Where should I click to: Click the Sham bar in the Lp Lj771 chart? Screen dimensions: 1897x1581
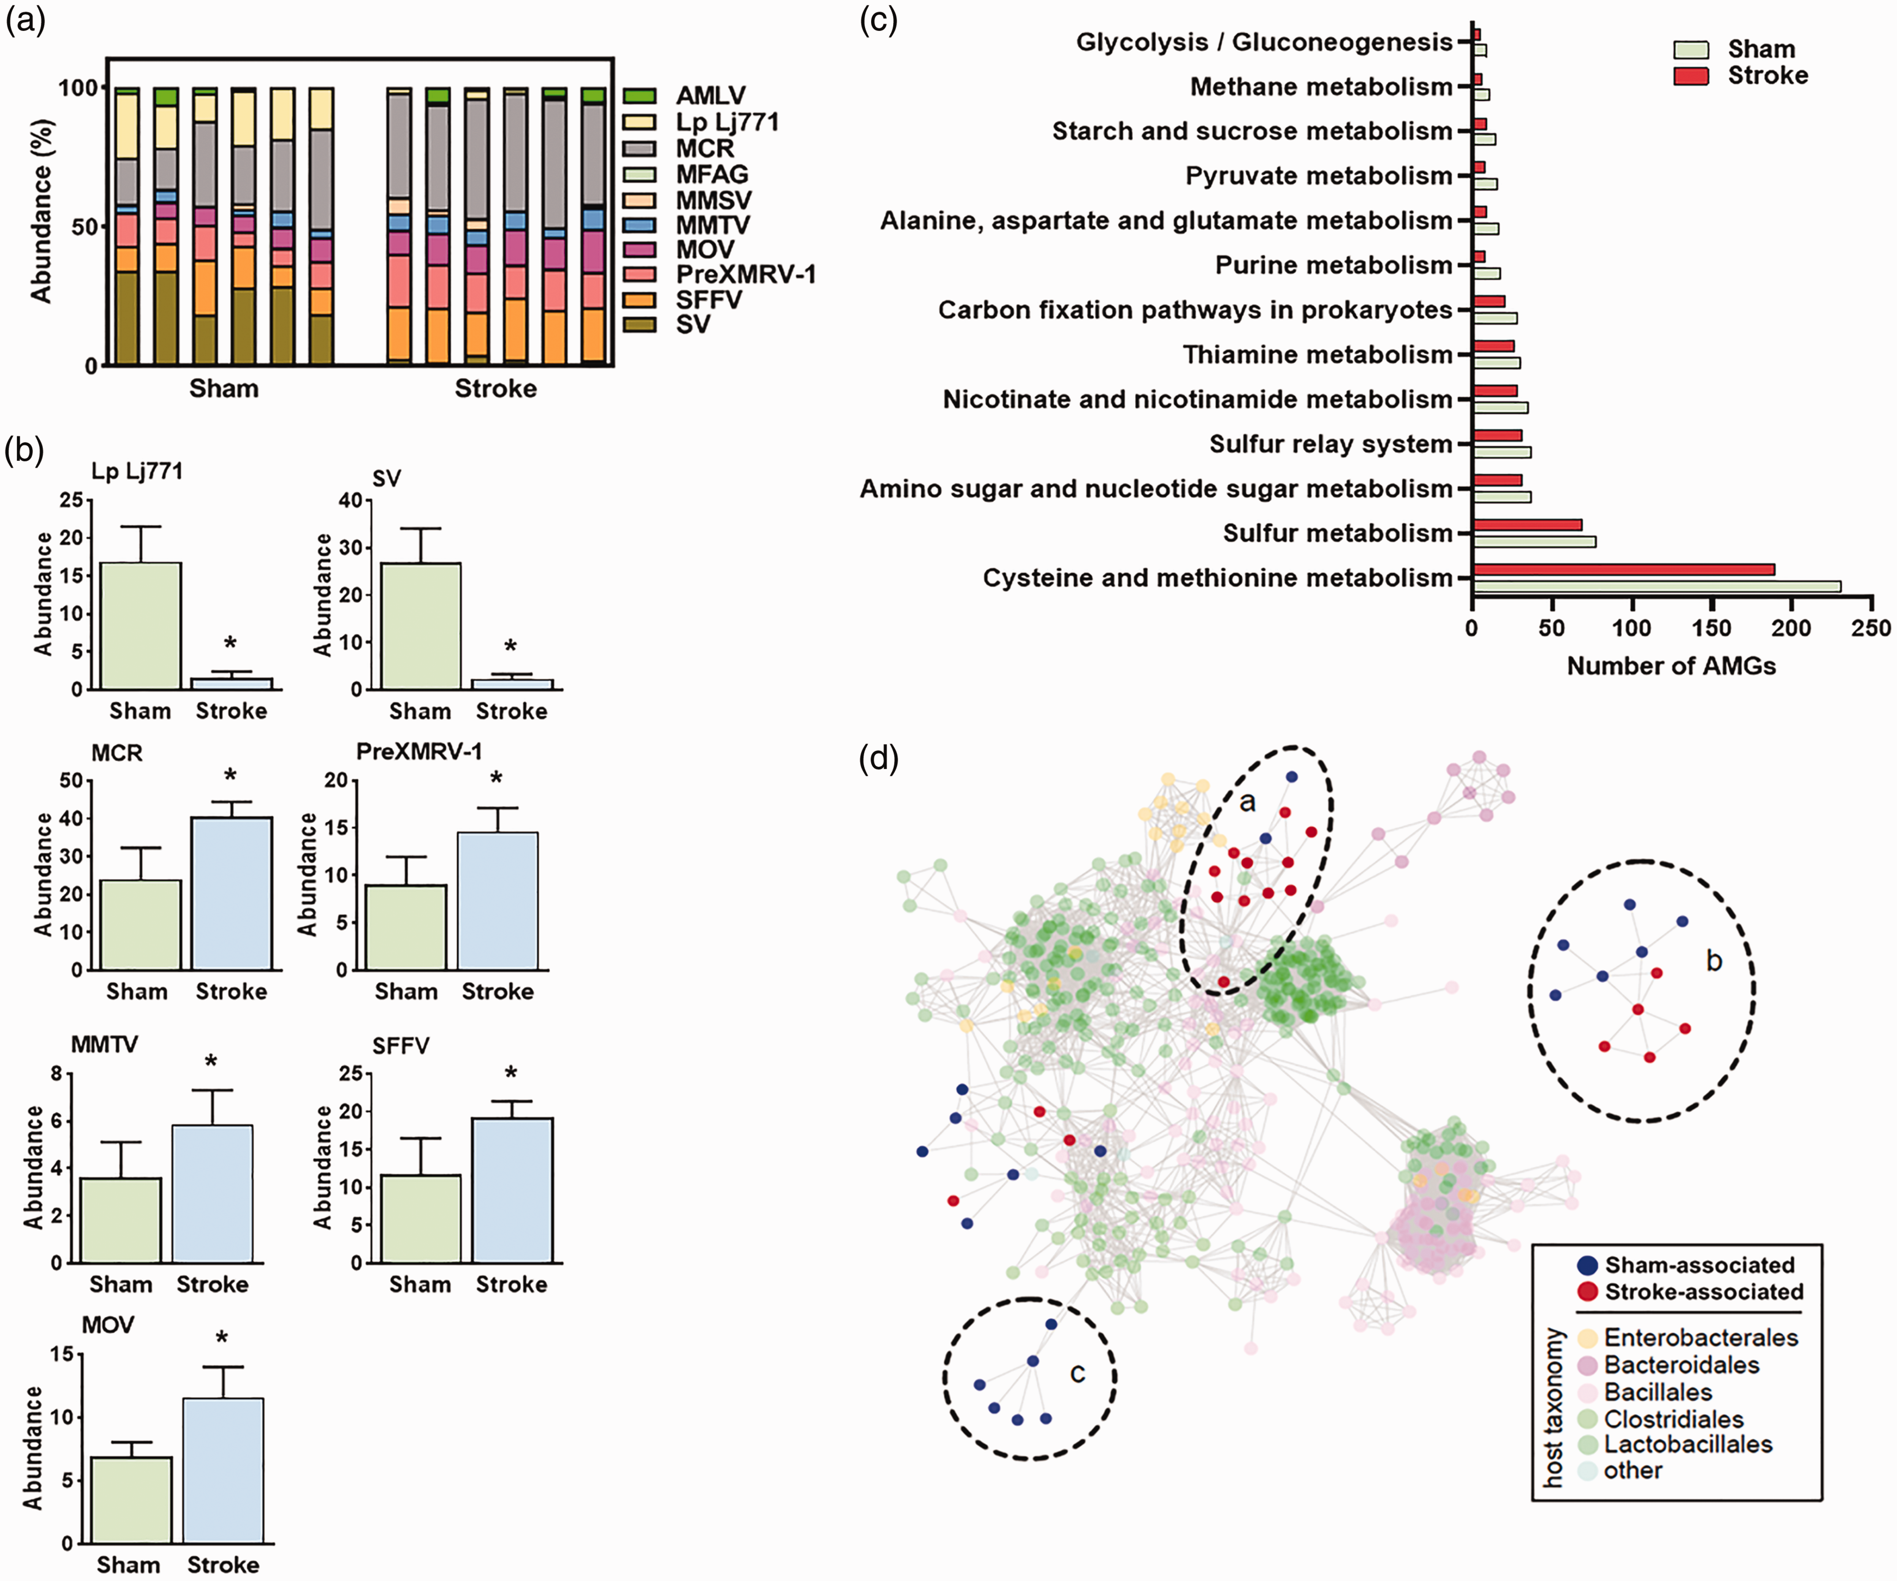click(x=141, y=625)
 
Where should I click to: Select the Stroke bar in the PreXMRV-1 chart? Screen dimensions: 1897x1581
click(x=498, y=901)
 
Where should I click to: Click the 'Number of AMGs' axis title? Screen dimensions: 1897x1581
click(x=1671, y=666)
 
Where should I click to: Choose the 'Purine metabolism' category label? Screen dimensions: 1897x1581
click(x=1333, y=265)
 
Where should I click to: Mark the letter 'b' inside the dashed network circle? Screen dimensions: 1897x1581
click(x=1714, y=960)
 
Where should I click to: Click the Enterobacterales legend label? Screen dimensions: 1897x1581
click(x=1701, y=1337)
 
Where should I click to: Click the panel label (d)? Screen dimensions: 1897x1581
click(x=879, y=759)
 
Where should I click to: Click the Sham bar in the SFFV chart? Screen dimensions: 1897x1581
click(x=421, y=1219)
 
